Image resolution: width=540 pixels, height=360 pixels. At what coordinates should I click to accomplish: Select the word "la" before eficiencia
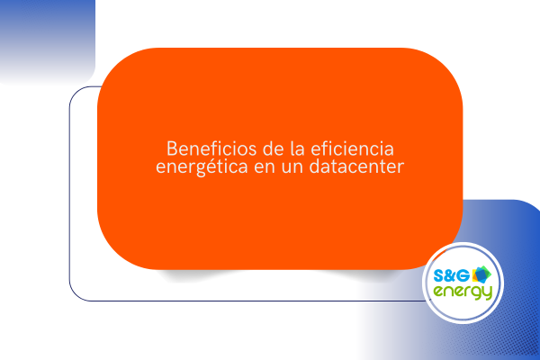pos(298,148)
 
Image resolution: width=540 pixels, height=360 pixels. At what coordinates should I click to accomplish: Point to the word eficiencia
pos(352,148)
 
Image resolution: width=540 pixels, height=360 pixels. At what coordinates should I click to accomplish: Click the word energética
pos(202,166)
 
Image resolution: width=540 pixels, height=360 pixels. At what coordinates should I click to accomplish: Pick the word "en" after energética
pos(265,167)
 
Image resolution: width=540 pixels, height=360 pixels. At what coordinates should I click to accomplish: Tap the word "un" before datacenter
pos(292,167)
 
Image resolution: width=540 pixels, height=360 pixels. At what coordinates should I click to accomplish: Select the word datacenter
pos(356,166)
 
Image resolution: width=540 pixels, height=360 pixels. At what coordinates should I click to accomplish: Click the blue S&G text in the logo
pos(451,275)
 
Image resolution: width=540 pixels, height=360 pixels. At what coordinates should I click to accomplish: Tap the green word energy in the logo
pos(463,292)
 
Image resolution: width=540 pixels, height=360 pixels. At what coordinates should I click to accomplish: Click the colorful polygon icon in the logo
pos(481,274)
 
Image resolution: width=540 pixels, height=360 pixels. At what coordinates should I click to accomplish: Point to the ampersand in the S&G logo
pos(451,276)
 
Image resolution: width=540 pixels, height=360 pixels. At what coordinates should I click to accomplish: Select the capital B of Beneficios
pos(172,148)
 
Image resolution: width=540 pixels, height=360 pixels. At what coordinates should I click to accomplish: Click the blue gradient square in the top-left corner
pos(48,41)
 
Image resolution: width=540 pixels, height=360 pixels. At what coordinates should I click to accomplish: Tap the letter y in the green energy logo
pos(487,293)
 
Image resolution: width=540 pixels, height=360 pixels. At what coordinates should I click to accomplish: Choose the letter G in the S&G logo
pos(463,276)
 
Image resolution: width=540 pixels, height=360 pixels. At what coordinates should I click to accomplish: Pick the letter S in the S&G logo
pos(439,276)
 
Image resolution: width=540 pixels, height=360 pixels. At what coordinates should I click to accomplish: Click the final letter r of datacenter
pos(400,167)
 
